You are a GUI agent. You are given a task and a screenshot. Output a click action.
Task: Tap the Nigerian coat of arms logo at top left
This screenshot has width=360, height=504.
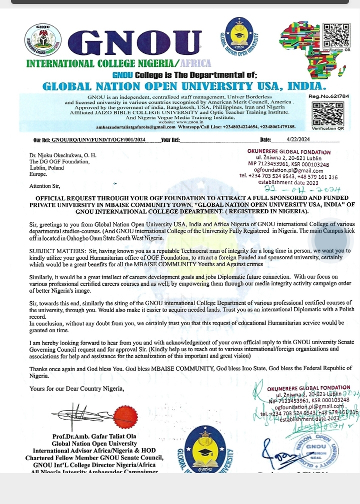(43, 39)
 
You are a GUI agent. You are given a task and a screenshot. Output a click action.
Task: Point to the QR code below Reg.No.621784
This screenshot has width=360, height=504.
(327, 113)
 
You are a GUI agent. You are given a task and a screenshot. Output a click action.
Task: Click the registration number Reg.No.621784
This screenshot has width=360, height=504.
(328, 96)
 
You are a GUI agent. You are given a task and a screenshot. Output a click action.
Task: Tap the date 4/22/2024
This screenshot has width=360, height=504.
(298, 140)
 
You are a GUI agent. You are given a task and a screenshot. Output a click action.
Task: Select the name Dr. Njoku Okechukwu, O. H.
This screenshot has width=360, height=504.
(62, 155)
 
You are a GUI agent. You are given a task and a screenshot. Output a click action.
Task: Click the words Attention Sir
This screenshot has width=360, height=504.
(44, 186)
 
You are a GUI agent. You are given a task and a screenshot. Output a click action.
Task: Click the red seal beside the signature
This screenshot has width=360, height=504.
(125, 417)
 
